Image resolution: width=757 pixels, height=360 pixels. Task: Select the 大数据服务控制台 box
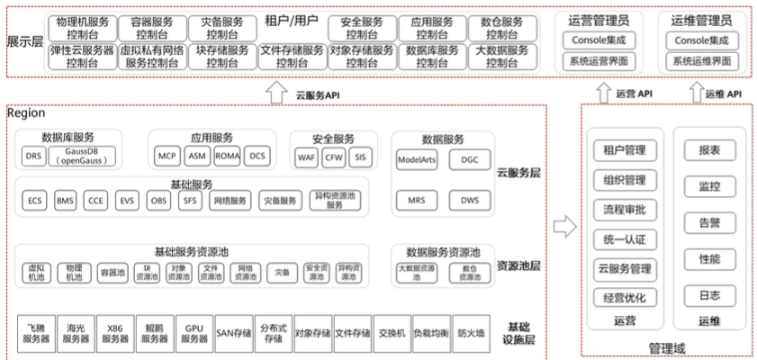coord(500,57)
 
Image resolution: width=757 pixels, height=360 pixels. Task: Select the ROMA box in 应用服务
coord(228,156)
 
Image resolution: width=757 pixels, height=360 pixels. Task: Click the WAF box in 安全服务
coord(307,157)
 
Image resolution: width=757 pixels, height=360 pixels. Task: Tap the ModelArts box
coord(417,159)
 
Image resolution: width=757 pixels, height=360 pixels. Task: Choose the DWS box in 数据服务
coord(469,200)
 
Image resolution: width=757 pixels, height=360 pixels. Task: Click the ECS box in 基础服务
coord(36,201)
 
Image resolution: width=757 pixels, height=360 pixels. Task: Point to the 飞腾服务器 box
coord(36,332)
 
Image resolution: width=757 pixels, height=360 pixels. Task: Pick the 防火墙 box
coord(471,332)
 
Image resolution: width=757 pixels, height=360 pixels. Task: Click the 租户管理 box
coord(626,150)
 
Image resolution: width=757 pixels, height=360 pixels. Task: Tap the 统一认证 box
coord(626,238)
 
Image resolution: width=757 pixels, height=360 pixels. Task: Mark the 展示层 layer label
coord(24,41)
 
